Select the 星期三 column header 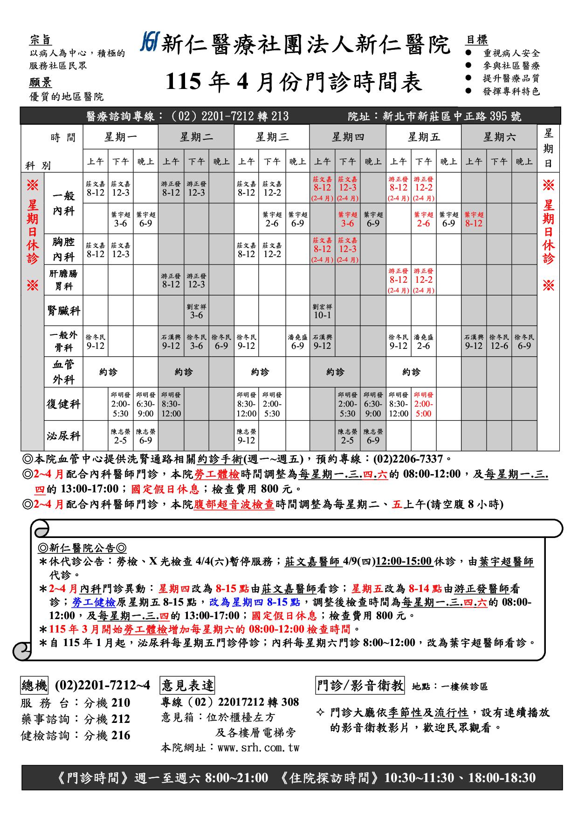click(272, 137)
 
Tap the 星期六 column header click(499, 137)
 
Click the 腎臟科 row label click(63, 310)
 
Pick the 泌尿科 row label click(63, 436)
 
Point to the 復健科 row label click(63, 404)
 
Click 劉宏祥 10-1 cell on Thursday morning click(322, 311)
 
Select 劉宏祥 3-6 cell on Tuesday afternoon click(196, 311)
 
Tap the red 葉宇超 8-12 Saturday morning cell click(474, 219)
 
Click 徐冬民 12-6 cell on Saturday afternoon click(499, 342)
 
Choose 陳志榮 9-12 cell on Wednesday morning click(246, 436)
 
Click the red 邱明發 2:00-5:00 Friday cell click(423, 404)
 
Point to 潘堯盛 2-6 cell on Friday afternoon click(423, 342)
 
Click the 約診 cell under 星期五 click(411, 372)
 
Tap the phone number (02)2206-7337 click(408, 459)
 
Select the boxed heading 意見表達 click(187, 685)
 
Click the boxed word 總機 click(34, 685)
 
